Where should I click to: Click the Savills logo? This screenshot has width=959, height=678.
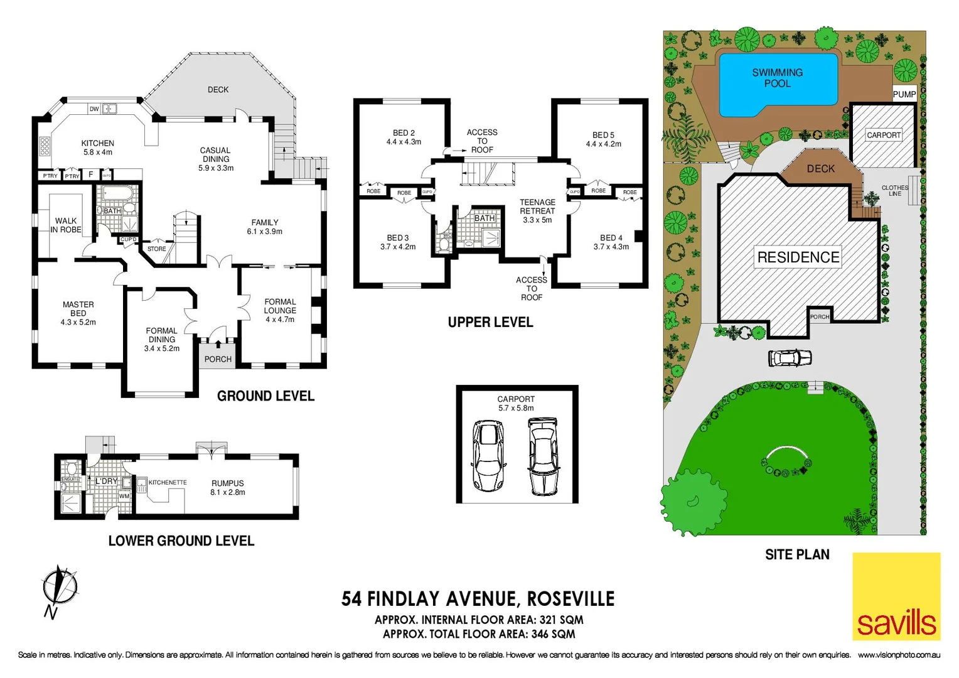(896, 596)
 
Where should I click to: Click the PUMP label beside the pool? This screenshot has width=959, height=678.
(904, 94)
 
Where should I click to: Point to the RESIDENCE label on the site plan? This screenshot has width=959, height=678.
(798, 257)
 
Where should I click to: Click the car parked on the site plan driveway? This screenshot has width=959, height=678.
(790, 358)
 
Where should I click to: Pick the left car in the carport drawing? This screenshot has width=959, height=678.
(488, 455)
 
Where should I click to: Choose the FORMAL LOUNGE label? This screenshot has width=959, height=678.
(280, 310)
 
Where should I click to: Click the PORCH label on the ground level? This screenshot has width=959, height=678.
(218, 359)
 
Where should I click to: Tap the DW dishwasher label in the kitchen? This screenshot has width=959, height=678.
(94, 109)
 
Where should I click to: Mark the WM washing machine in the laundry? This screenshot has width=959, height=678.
(124, 496)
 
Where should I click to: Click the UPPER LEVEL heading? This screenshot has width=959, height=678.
(490, 322)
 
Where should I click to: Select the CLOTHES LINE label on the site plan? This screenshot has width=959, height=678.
(894, 191)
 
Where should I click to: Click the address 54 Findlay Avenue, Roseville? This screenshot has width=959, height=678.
(478, 599)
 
